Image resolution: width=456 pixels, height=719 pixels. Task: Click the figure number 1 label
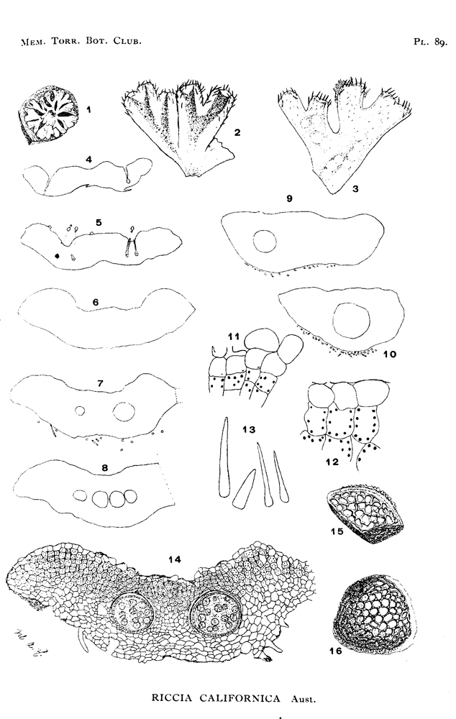point(88,109)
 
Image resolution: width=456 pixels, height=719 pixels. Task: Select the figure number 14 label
point(175,559)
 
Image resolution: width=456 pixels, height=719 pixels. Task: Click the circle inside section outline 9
point(265,241)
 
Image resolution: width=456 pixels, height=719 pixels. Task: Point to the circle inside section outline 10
point(351,320)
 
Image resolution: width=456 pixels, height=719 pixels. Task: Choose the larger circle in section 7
point(124,411)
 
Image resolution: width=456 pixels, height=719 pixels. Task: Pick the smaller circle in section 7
point(81,411)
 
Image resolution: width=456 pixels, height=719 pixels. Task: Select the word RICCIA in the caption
point(173,698)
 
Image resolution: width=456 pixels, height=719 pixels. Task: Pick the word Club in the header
point(127,41)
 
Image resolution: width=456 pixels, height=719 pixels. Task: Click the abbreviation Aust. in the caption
point(303,699)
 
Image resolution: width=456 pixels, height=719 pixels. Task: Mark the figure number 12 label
point(332,462)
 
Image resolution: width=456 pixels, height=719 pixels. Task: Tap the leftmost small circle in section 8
point(81,495)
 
